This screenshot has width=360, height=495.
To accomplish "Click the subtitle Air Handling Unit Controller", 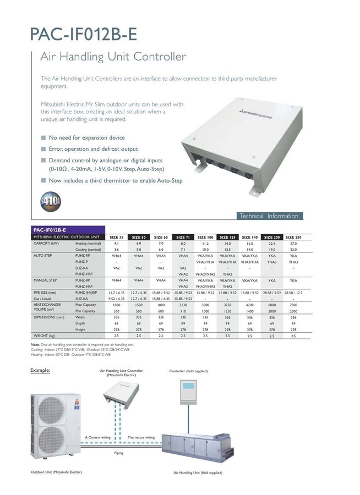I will (113, 57).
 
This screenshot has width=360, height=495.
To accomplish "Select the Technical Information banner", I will (269, 216).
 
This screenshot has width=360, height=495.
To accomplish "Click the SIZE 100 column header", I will (205, 237).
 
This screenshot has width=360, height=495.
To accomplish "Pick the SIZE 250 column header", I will (293, 237).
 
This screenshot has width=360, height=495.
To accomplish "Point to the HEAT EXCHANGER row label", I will (47, 304).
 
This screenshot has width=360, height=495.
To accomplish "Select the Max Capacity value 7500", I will (293, 305).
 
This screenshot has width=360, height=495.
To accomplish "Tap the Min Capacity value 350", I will (116, 311).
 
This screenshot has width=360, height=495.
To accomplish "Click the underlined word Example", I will (40, 370).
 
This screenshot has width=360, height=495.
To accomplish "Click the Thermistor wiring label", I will (141, 437).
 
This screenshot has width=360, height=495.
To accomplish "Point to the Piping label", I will (118, 453).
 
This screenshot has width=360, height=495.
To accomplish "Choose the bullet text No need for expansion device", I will (86, 137).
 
